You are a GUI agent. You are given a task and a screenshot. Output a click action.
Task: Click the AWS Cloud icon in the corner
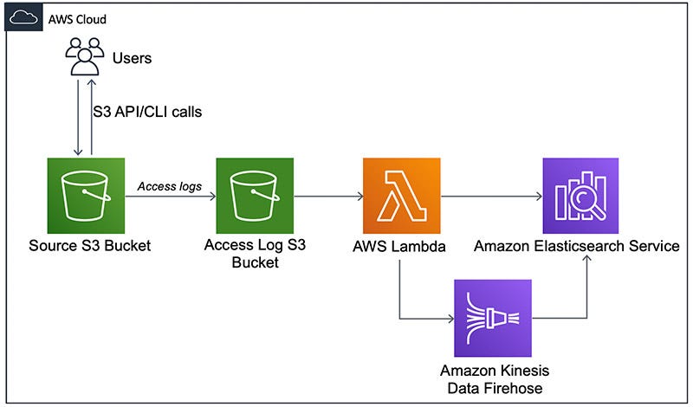tap(23, 17)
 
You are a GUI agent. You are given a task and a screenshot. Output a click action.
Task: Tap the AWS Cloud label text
tap(77, 19)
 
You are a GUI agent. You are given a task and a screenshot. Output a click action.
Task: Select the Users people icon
tap(85, 56)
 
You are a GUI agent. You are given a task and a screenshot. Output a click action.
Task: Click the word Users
tap(133, 58)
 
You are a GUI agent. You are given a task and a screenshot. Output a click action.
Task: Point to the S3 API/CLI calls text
tap(147, 112)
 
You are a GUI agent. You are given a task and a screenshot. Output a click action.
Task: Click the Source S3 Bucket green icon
tap(86, 196)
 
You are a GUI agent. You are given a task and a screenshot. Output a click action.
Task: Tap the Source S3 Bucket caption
tap(90, 246)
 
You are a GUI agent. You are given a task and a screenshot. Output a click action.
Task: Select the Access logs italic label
tap(170, 186)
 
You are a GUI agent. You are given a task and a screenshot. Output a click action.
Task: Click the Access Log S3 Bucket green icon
tap(255, 196)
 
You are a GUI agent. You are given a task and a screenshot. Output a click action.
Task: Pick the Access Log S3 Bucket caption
tap(255, 254)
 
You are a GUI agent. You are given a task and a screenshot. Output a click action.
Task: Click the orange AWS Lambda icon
tap(402, 196)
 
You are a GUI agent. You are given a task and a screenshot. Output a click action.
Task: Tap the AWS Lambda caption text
tap(399, 246)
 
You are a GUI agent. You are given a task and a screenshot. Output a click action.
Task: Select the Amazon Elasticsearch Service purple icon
tap(580, 196)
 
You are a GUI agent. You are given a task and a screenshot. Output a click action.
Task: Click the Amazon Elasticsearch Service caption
tap(577, 246)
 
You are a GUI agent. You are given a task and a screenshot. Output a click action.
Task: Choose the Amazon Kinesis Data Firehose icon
tap(493, 318)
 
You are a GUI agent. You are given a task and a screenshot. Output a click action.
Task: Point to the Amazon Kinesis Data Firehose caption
tap(495, 379)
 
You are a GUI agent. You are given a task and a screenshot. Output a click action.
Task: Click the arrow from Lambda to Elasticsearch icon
tap(491, 197)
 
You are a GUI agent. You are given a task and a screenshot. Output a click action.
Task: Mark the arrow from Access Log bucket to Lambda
tap(328, 197)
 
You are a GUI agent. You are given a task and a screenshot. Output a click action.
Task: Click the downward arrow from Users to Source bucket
tap(78, 118)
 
